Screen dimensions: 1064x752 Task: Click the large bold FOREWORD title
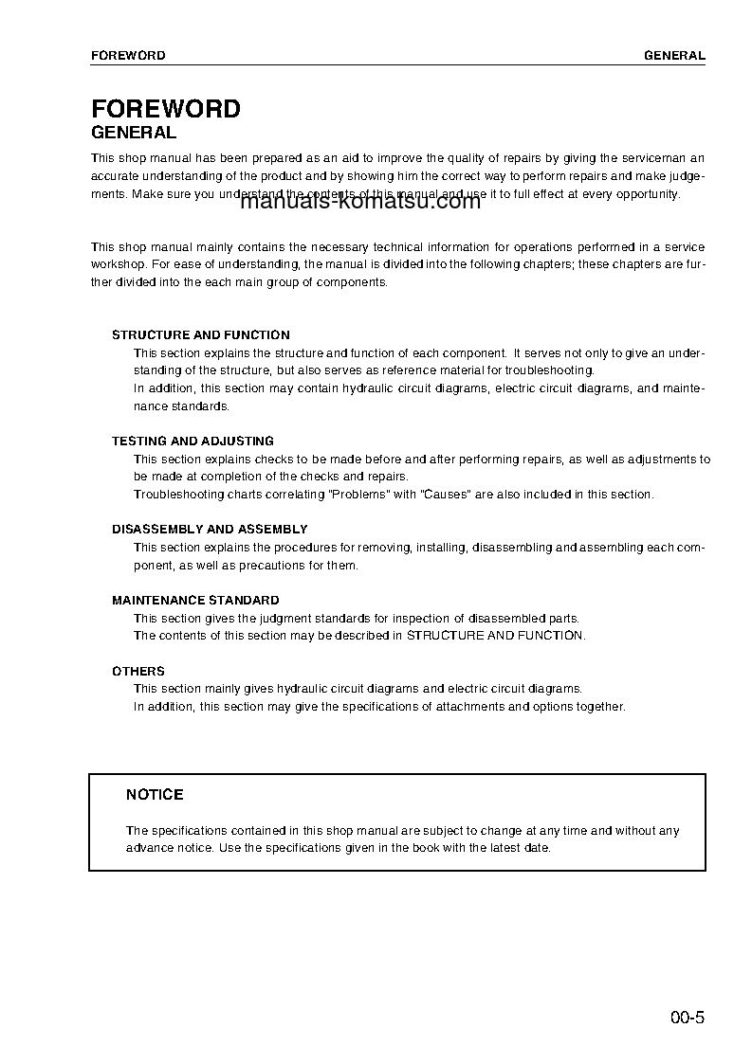pos(165,109)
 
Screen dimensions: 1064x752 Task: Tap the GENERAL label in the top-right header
pos(674,56)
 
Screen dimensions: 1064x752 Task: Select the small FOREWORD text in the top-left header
pos(128,56)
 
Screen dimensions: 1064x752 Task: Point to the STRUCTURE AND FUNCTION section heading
pos(201,335)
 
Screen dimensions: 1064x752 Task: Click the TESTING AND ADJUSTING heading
pos(193,442)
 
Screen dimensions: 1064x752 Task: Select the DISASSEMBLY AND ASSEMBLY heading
pos(210,530)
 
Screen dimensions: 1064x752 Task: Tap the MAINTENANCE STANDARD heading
pos(195,601)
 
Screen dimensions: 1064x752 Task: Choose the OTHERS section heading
pos(138,672)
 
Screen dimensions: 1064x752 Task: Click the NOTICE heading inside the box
pos(155,795)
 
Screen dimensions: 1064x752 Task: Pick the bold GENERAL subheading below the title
pos(134,134)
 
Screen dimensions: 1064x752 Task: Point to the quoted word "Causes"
pos(446,495)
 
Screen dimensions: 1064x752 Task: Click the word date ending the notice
pos(536,848)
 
